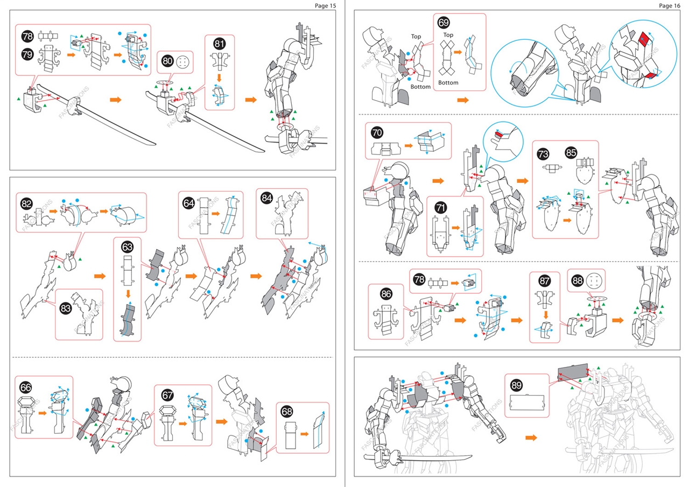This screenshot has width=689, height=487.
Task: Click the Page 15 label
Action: tap(325, 5)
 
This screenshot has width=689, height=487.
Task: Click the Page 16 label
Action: tap(670, 5)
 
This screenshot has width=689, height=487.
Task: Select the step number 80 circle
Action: tap(167, 61)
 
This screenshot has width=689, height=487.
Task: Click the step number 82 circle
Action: tap(26, 203)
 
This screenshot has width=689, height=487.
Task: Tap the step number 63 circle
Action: tap(127, 247)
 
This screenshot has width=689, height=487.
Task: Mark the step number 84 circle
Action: tap(266, 198)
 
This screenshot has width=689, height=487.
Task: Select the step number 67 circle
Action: tap(167, 396)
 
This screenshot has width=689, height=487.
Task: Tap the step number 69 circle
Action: tap(444, 23)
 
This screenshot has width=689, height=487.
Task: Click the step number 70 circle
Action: tap(377, 131)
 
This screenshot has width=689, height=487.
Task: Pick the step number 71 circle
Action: tap(439, 207)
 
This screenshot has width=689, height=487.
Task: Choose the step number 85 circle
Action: tap(571, 153)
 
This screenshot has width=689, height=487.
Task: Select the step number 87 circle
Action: tap(544, 281)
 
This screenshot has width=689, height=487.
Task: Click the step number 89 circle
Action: tap(516, 385)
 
